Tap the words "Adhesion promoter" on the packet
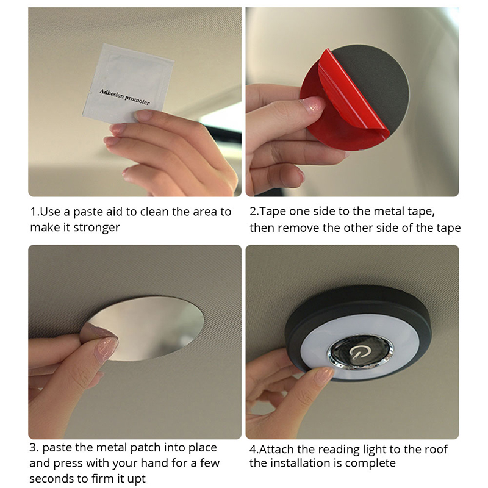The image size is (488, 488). pos(124,97)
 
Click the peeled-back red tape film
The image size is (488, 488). pos(353,93)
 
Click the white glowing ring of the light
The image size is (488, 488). pos(314,348)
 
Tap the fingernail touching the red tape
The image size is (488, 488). pos(315,105)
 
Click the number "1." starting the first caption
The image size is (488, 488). pos(35,212)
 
